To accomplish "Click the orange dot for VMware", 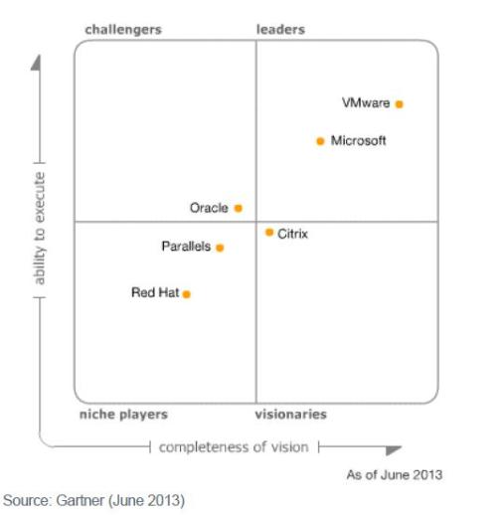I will coord(400,103).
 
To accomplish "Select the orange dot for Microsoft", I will coord(320,141).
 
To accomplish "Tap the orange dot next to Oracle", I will coord(239,209).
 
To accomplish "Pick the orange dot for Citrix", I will coord(269,233).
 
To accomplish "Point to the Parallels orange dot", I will coord(220,248).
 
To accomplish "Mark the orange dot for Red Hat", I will coord(186,294).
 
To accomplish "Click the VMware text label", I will coord(366,103).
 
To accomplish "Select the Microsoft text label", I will coord(358,141).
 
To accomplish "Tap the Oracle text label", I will coord(209,209).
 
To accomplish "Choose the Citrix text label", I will coord(293,234).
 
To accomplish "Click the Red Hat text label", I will coord(155,293).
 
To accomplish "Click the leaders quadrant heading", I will coord(280,30).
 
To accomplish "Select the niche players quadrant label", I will coord(123,415).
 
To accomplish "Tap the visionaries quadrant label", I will coord(290,415).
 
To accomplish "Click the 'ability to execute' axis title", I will coord(40,228).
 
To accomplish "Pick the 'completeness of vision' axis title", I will coord(234,447).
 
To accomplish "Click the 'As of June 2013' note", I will coord(394,474).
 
